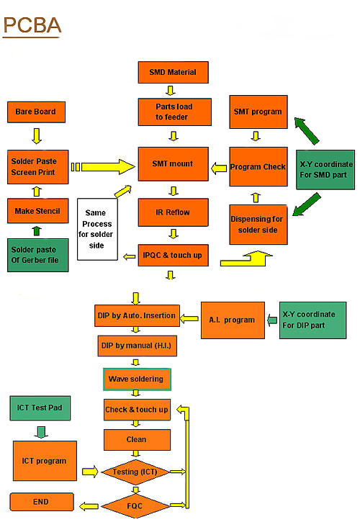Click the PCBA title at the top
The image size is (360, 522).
click(x=32, y=26)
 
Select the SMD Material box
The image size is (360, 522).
click(x=174, y=72)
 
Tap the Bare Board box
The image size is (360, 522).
click(x=36, y=112)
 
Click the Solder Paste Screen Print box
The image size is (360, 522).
click(x=38, y=167)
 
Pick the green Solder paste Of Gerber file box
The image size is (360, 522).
click(x=38, y=255)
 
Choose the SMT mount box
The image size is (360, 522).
click(x=174, y=163)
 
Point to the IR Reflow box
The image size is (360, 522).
click(x=174, y=212)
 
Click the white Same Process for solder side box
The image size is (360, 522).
click(x=97, y=229)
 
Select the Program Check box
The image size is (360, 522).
click(x=258, y=166)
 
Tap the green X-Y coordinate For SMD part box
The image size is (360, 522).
click(x=325, y=170)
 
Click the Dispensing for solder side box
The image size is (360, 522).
click(x=258, y=225)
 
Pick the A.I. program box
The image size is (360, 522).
click(x=233, y=320)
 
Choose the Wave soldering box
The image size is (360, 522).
click(x=137, y=379)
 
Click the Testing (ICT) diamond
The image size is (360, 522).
click(x=135, y=472)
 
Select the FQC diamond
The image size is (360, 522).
click(x=135, y=506)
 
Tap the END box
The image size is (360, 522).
click(x=42, y=502)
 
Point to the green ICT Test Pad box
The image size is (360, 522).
click(x=40, y=408)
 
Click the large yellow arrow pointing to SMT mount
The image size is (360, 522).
click(x=103, y=167)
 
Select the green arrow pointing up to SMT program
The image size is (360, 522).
click(x=307, y=131)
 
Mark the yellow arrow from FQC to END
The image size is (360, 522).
click(x=89, y=506)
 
